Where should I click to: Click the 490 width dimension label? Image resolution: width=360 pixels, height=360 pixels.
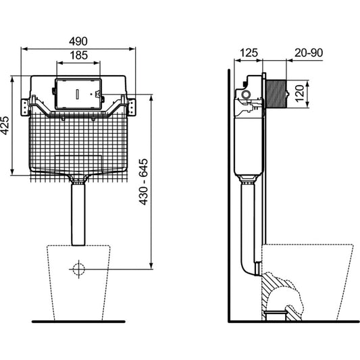78,41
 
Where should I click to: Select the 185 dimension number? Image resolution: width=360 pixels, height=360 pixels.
79,55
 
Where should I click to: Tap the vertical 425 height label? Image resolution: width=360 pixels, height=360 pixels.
5,126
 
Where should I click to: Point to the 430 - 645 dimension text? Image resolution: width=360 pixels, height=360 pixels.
144,182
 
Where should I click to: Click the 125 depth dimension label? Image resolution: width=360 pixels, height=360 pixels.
249,53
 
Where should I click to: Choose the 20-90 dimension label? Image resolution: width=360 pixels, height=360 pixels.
309,53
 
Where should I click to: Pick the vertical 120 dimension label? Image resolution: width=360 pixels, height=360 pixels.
300,93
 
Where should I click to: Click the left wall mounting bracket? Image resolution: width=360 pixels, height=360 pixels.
25,107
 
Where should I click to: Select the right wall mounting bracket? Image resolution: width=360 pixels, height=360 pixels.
131,107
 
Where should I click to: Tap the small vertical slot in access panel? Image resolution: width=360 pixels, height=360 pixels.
78,94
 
